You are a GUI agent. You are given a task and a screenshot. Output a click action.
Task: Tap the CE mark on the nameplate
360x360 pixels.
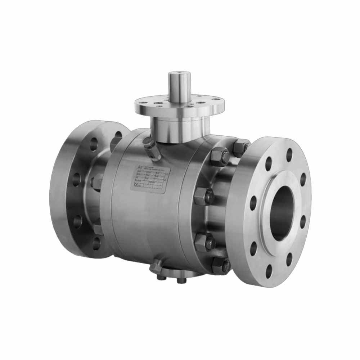(x=135, y=185)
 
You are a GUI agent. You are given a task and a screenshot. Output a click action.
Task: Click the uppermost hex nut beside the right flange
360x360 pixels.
(x=240, y=147)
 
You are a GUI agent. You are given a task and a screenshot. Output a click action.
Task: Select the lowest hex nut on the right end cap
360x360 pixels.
(x=220, y=266)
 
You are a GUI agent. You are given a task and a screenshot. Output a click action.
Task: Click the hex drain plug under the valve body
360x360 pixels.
(x=157, y=266)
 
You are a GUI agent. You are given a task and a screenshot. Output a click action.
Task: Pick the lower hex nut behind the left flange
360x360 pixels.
(x=98, y=229)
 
